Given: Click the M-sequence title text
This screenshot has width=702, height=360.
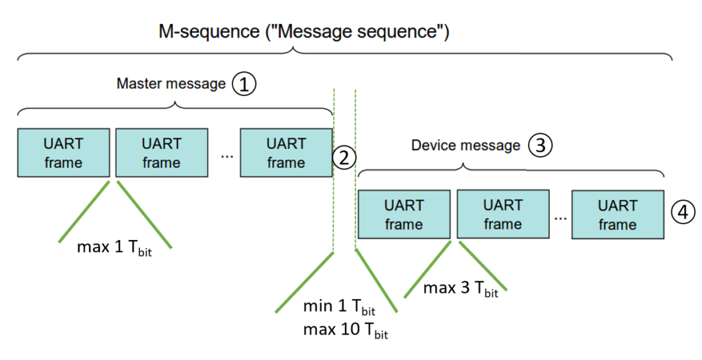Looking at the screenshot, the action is tap(304, 32).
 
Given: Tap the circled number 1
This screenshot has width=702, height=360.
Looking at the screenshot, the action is tap(244, 84).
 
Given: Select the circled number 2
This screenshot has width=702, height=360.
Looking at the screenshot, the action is tap(344, 158).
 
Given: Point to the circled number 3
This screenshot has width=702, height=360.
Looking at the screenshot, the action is tap(540, 145).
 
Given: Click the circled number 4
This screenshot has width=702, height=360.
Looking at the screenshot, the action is tap(683, 213).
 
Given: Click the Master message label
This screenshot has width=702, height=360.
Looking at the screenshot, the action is tap(171, 84).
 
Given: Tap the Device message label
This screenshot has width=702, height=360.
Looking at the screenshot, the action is tap(465, 145).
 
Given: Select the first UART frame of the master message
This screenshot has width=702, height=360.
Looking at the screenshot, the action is tap(63, 153).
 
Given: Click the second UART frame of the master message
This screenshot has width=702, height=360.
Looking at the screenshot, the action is tap(162, 153).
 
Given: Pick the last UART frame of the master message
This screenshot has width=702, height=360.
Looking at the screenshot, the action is tap(286, 153).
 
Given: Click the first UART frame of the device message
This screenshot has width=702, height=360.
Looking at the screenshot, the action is tap(404, 214).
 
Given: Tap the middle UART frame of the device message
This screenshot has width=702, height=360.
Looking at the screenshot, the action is tap(503, 214).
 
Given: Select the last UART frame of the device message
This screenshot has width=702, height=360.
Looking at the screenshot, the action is tap(618, 214).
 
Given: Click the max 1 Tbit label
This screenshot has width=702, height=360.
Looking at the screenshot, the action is tap(114, 248).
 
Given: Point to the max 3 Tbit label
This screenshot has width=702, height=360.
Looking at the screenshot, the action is tap(461, 289).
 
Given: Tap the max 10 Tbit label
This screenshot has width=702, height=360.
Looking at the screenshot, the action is tap(346, 331).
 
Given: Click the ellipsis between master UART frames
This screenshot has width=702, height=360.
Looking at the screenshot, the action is tap(227, 157).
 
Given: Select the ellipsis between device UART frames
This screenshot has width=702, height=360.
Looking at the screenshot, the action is tap(560, 218).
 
